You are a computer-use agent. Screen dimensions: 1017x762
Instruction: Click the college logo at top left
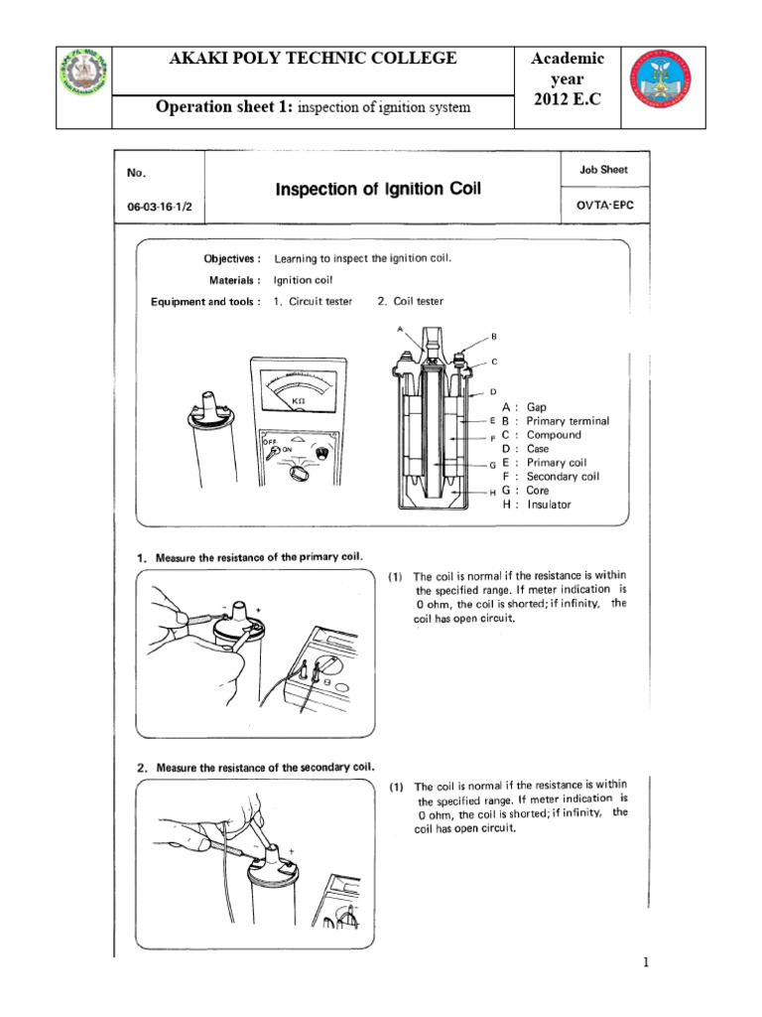point(82,85)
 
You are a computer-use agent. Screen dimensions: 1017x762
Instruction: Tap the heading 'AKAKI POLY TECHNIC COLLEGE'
point(313,59)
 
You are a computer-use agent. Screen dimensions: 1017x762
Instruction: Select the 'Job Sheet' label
point(603,170)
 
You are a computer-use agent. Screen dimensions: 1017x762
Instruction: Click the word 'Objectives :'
point(232,258)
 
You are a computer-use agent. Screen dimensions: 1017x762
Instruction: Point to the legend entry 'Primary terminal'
point(568,421)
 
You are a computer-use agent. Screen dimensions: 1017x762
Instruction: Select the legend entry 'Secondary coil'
point(563,477)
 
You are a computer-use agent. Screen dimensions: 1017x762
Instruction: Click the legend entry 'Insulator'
point(549,505)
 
